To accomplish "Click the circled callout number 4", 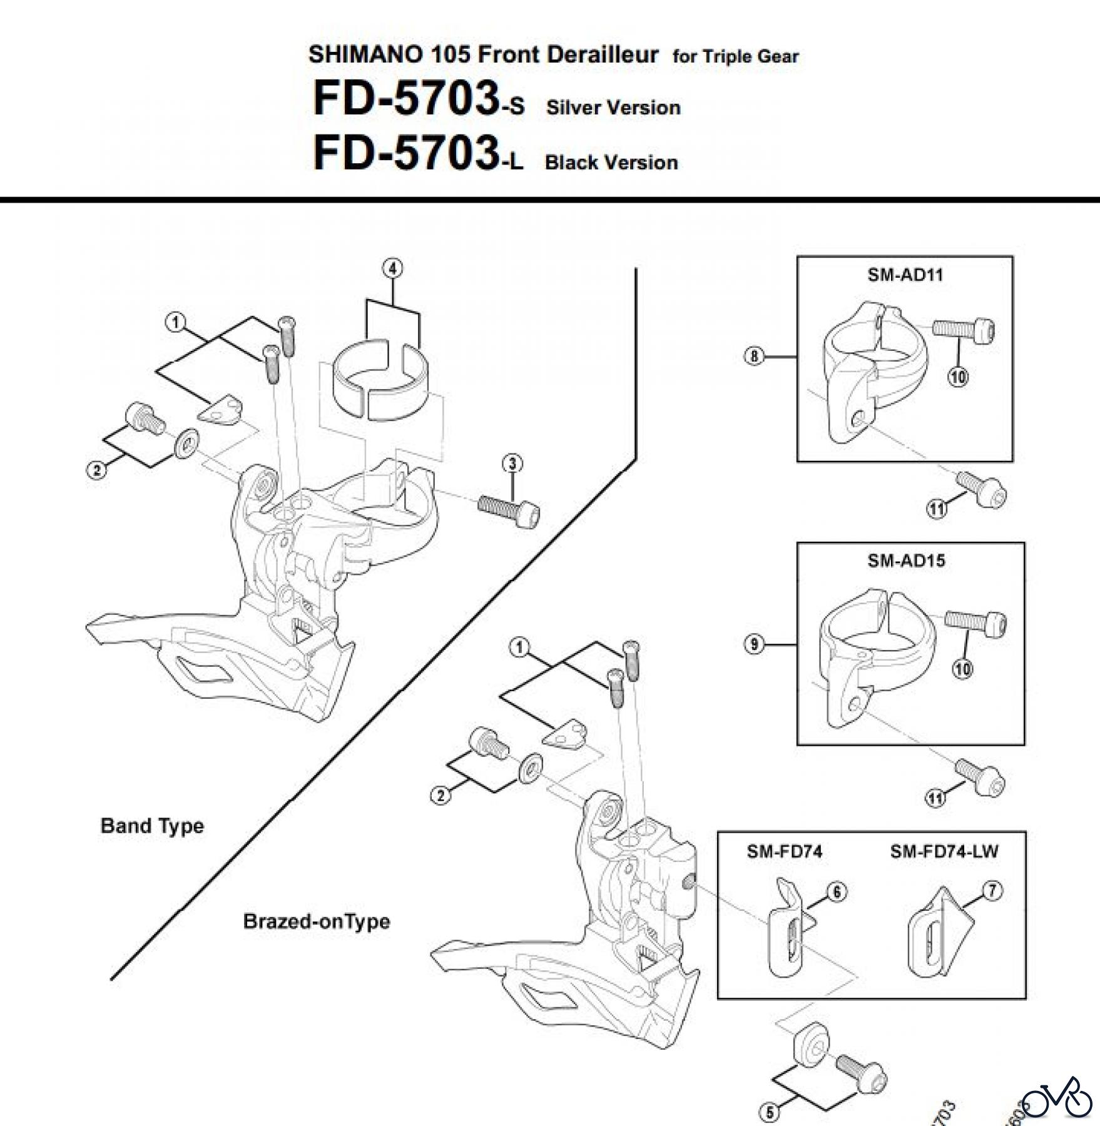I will (392, 268).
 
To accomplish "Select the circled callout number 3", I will (512, 464).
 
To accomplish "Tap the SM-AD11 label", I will (905, 275).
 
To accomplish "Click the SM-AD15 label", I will (906, 560).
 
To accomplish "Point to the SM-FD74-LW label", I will (944, 851).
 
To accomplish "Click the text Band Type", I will (152, 826).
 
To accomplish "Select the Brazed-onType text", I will (316, 921).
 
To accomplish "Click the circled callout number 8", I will (754, 357).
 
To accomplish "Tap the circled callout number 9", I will (754, 644).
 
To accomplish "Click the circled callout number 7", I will (992, 891).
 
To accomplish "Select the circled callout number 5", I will (770, 1112).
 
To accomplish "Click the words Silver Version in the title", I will (613, 108).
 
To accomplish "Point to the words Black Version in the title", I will (611, 163).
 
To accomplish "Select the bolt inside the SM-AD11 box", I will (964, 329).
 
